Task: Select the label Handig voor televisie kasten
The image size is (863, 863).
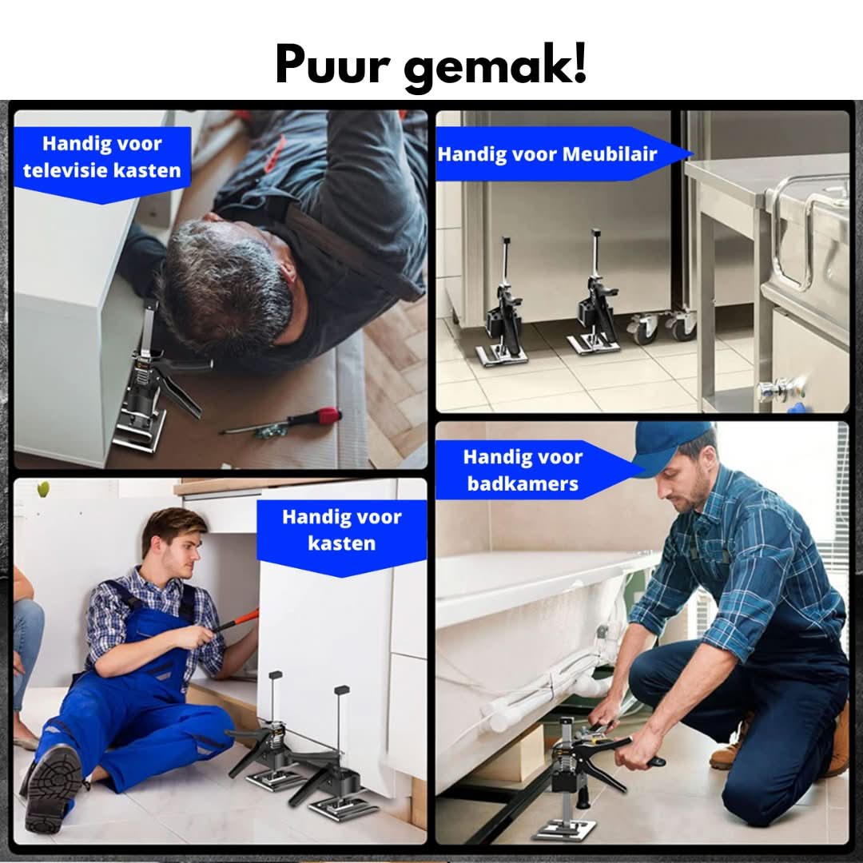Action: (x=102, y=157)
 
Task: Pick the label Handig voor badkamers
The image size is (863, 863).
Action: (x=523, y=471)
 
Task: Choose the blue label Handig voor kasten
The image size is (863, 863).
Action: (x=341, y=531)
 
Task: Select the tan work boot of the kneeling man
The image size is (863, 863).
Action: (x=731, y=747)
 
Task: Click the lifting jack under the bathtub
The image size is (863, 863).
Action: (x=571, y=779)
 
